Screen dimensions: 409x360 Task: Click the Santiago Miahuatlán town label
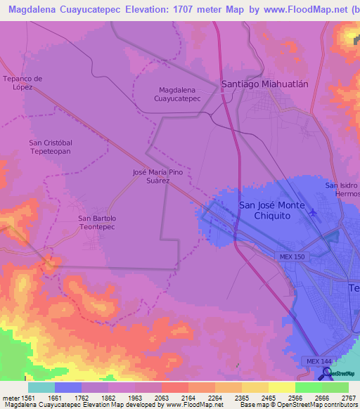pyautogui.click(x=264, y=83)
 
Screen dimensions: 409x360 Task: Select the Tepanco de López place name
pyautogui.click(x=23, y=82)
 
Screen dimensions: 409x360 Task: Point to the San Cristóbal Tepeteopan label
pyautogui.click(x=49, y=147)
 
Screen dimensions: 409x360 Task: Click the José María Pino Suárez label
pyautogui.click(x=161, y=176)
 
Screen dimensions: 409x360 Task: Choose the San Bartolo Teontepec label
pyautogui.click(x=97, y=223)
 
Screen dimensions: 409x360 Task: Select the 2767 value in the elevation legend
pyautogui.click(x=349, y=397)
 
